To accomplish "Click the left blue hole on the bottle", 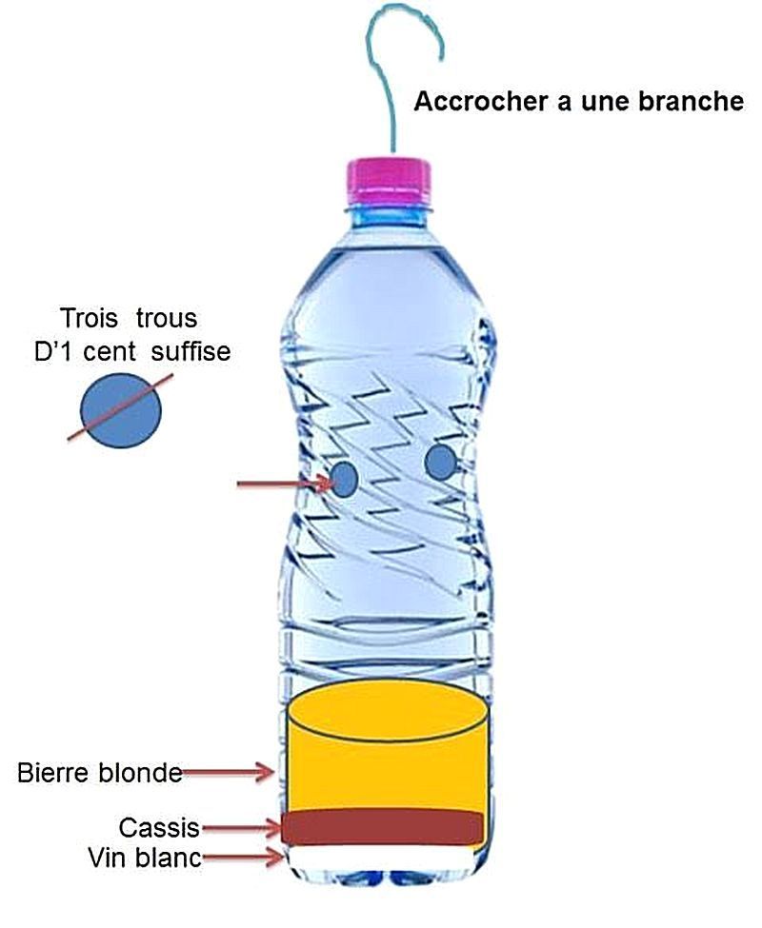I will [x=345, y=478].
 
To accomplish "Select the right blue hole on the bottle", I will [x=439, y=464].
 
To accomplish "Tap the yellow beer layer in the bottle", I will [x=386, y=761].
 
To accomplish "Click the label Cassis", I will [x=159, y=826].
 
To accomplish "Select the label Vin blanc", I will [x=144, y=858].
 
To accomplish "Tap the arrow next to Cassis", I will [x=243, y=827].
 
